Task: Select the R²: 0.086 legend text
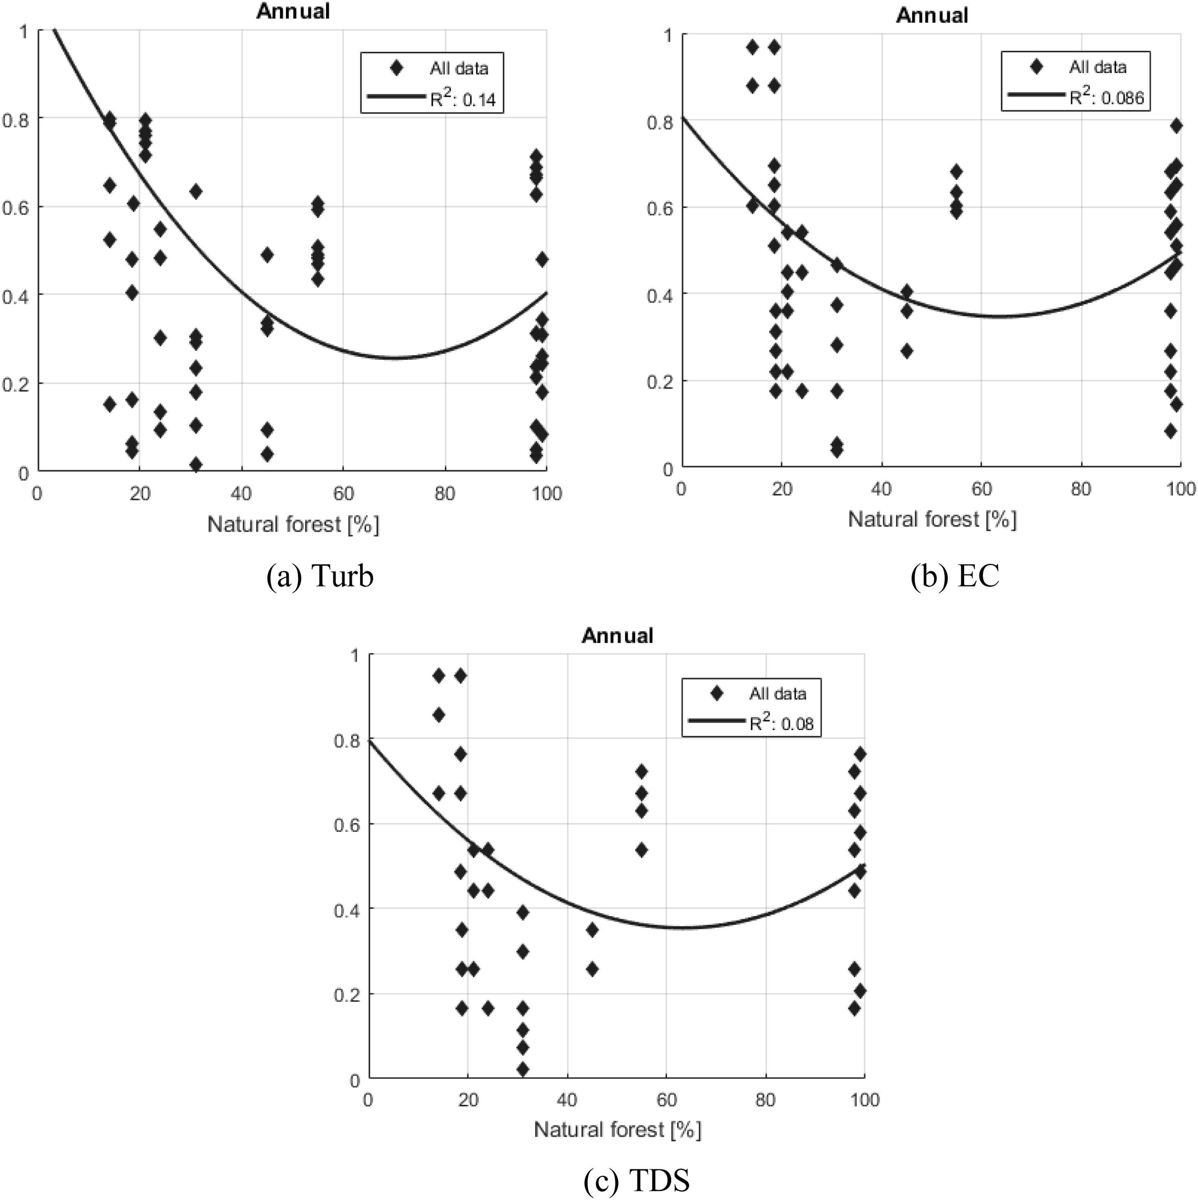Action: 1106,96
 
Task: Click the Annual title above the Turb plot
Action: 293,11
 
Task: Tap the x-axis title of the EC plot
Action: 932,519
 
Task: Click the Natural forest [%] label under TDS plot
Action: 617,1129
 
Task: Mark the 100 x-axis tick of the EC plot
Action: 1181,489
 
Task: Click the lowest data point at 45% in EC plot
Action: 906,351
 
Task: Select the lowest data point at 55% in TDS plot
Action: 642,850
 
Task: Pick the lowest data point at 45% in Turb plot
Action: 267,454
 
